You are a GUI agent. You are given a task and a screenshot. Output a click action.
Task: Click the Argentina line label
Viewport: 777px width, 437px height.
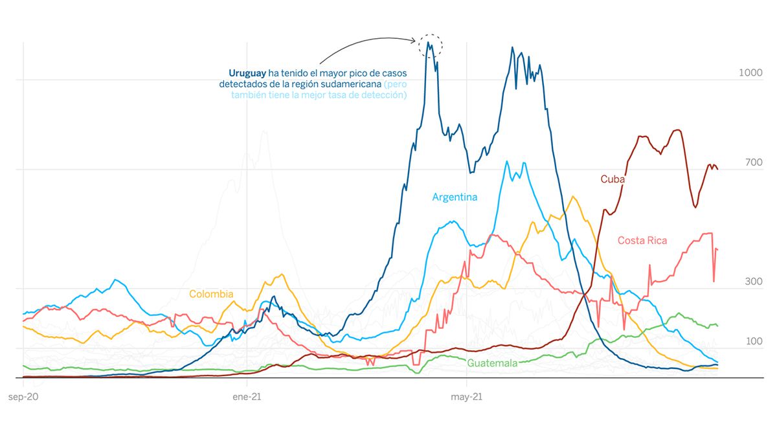point(455,197)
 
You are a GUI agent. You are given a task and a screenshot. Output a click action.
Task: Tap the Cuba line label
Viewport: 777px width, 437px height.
point(613,179)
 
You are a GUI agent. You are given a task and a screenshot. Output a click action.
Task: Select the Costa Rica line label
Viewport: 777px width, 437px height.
point(642,240)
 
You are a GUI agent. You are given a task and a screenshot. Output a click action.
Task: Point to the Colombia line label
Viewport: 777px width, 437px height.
point(211,294)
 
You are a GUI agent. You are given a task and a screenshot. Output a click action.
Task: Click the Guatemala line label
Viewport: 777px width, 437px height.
point(492,363)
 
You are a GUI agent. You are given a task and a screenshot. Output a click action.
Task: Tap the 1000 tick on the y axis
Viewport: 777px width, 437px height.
point(750,73)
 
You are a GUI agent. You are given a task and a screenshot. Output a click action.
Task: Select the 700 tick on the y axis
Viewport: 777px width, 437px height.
point(753,162)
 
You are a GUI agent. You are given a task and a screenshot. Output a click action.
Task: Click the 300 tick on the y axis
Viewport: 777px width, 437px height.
point(753,282)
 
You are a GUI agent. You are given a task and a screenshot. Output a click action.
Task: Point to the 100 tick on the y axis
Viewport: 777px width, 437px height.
point(753,341)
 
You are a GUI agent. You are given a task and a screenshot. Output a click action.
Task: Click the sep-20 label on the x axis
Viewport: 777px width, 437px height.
point(23,396)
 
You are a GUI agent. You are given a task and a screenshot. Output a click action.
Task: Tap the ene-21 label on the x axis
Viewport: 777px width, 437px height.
point(246,396)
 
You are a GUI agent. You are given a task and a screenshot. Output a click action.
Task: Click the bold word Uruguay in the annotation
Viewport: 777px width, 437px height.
point(247,73)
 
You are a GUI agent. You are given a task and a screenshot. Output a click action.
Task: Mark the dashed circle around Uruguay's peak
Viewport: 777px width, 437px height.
point(431,45)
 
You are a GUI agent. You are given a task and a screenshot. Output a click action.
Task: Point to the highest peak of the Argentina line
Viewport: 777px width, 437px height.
point(507,161)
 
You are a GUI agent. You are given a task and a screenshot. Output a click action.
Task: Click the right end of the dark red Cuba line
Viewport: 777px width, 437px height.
point(717,169)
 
